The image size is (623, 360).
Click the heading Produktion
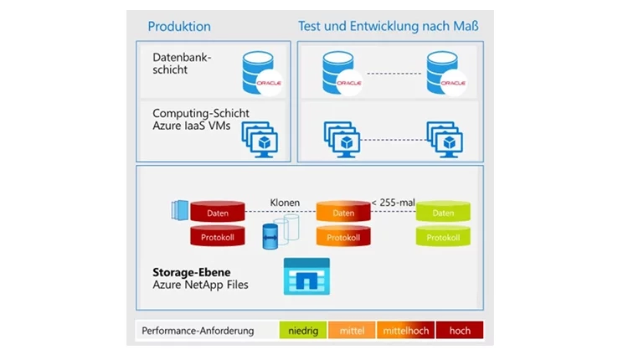point(179,27)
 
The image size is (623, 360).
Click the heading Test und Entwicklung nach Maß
point(389,27)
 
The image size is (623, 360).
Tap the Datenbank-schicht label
point(182,64)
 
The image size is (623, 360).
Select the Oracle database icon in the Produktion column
point(261,71)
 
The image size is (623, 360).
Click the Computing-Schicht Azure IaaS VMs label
point(200,120)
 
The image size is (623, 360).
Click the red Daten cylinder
point(218,213)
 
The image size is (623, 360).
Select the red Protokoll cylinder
point(218,237)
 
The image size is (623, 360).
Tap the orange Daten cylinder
point(343,213)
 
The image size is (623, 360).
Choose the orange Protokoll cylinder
point(343,237)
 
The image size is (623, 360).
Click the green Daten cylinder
point(443,213)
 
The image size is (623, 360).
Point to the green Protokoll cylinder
point(443,237)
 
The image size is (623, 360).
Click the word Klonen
point(285,203)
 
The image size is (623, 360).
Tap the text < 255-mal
point(393,203)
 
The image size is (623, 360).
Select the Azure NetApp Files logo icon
point(306,275)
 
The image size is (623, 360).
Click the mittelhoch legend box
point(406,331)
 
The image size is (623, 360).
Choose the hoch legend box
point(460,331)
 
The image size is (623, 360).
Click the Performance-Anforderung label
point(198,331)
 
